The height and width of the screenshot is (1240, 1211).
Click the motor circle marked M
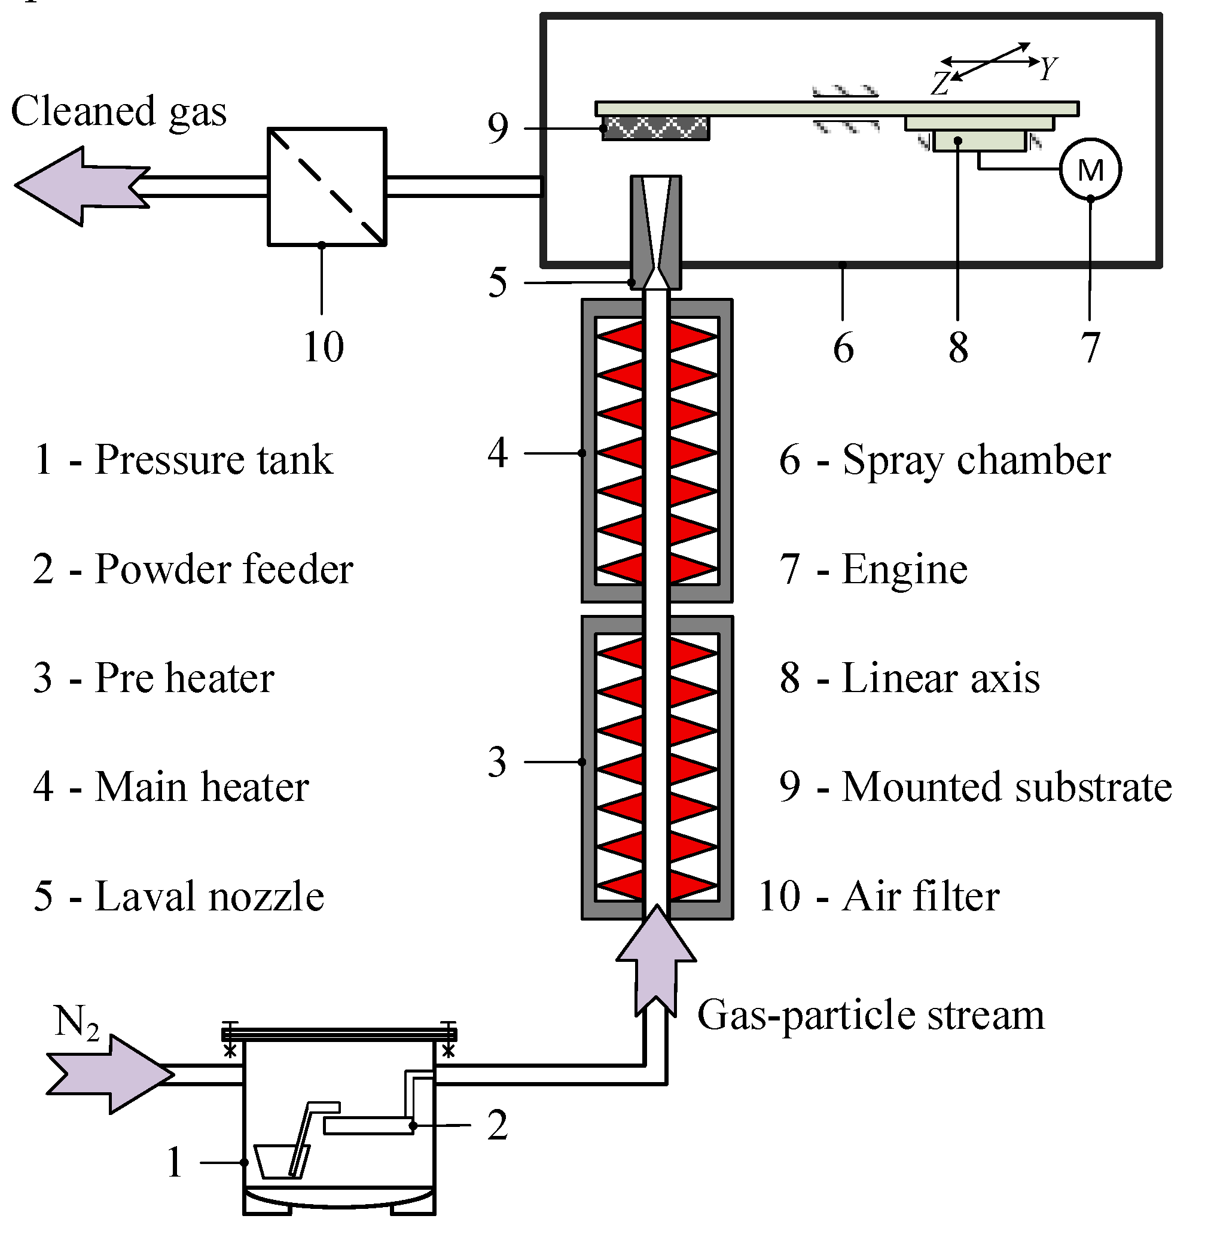pyautogui.click(x=1090, y=170)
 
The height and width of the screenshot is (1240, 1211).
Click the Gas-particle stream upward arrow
pyautogui.click(x=656, y=961)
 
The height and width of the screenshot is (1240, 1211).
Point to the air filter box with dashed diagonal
pyautogui.click(x=327, y=187)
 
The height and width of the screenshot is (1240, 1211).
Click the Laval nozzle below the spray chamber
pyautogui.click(x=656, y=232)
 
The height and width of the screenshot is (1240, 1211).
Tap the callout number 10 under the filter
pyautogui.click(x=324, y=348)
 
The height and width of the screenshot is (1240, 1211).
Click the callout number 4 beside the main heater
pyautogui.click(x=498, y=453)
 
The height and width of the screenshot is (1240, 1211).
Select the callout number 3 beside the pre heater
pyautogui.click(x=498, y=761)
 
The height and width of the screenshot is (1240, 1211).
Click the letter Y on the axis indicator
pyautogui.click(x=1048, y=68)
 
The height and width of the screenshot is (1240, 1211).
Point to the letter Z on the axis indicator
pyautogui.click(x=940, y=83)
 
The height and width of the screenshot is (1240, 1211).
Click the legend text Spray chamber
pyautogui.click(x=977, y=459)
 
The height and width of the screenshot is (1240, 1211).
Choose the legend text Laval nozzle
pyautogui.click(x=210, y=896)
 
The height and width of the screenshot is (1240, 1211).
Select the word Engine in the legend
pyautogui.click(x=904, y=569)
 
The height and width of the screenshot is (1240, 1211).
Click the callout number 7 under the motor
pyautogui.click(x=1090, y=348)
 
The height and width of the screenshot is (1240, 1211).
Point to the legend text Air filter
pyautogui.click(x=920, y=896)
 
